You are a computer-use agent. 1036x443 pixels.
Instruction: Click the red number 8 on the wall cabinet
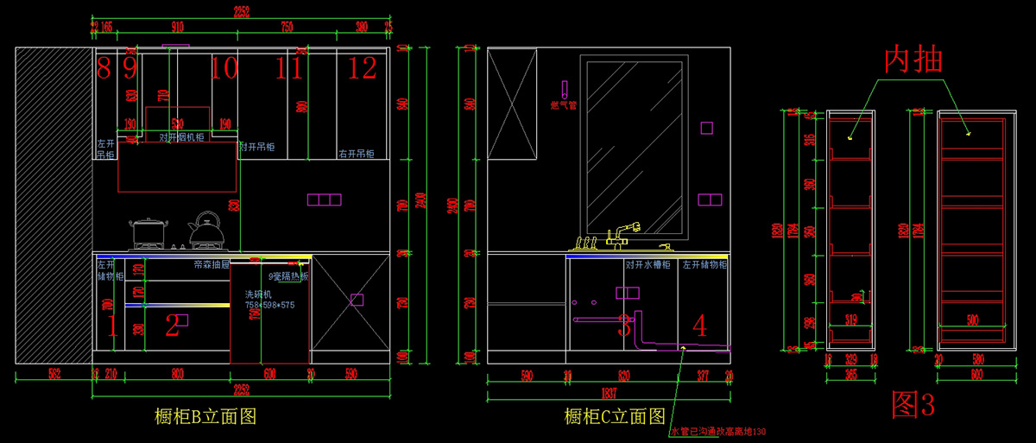(x=104, y=67)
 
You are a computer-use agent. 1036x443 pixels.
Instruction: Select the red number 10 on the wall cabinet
(x=224, y=67)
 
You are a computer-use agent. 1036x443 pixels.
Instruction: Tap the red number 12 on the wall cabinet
(x=363, y=67)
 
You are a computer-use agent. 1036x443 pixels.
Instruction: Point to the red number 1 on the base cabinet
(x=111, y=326)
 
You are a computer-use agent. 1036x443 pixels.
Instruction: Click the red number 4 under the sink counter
(x=699, y=326)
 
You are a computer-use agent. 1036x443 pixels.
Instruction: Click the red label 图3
(x=913, y=403)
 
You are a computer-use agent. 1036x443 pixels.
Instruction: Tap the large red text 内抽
(x=913, y=60)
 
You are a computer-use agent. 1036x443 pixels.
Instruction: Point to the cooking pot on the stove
(x=148, y=233)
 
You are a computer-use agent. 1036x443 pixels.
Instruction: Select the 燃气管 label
(x=563, y=105)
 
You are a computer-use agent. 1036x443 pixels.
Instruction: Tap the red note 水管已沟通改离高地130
(x=718, y=431)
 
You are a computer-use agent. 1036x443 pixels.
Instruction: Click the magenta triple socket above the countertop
(x=325, y=199)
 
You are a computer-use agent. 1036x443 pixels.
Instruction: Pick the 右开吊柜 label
(x=356, y=154)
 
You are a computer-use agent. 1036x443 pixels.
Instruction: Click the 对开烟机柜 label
(x=181, y=136)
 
